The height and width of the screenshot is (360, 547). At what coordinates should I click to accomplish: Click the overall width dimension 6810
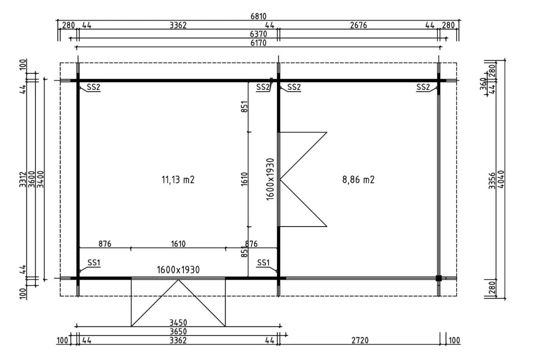click(x=258, y=16)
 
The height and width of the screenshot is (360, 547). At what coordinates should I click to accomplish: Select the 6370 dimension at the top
click(x=258, y=34)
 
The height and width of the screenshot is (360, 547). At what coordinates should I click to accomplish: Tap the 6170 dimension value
click(x=258, y=42)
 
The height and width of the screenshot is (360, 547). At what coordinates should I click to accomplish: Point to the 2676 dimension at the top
click(x=358, y=25)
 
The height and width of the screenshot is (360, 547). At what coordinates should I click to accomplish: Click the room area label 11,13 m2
click(x=178, y=180)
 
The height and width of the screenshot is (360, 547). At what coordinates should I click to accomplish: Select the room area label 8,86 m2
click(x=358, y=180)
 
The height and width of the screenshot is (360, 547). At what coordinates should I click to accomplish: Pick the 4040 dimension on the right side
click(x=501, y=179)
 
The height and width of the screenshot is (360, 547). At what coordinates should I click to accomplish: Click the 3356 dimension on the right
click(x=492, y=180)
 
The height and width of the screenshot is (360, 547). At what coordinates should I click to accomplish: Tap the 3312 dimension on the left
click(x=23, y=179)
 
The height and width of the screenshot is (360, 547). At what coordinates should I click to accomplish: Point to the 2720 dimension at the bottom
click(x=360, y=340)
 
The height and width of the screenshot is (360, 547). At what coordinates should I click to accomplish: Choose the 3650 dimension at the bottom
click(x=178, y=331)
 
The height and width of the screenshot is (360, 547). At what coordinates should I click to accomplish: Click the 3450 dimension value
click(x=178, y=323)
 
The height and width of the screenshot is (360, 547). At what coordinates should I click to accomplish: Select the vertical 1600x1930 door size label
click(x=270, y=179)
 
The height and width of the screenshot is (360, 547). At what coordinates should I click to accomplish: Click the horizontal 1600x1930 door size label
click(x=178, y=270)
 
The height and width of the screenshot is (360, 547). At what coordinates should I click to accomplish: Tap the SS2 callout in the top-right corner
click(x=423, y=87)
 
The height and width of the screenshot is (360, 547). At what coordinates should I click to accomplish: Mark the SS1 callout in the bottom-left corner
click(x=94, y=262)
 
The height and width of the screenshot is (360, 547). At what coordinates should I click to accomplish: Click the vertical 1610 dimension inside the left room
click(x=244, y=179)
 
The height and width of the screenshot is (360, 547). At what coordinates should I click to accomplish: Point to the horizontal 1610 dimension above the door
click(x=178, y=243)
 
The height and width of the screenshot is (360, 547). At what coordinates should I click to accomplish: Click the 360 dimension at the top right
click(x=483, y=84)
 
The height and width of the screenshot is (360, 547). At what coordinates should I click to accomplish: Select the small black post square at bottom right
click(x=439, y=278)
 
